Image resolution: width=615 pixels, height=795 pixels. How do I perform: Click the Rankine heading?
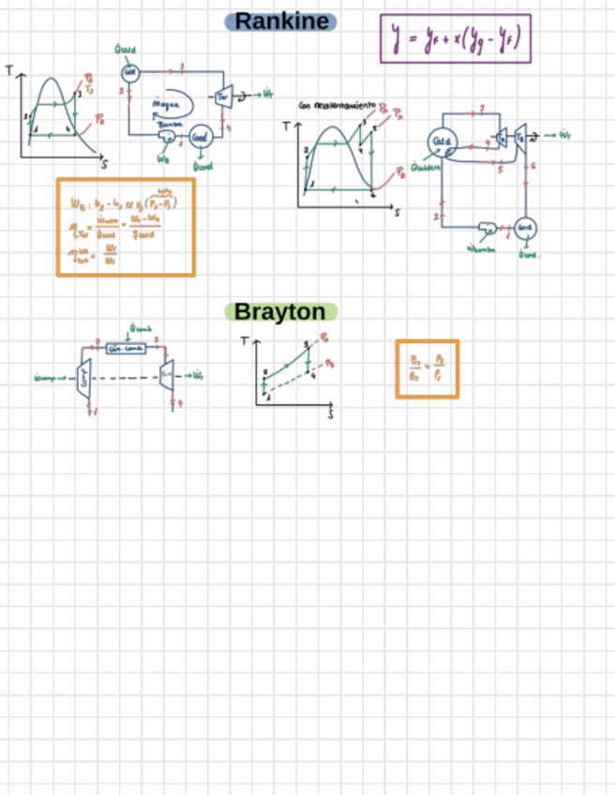281,21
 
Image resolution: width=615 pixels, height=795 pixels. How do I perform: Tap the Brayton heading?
280,311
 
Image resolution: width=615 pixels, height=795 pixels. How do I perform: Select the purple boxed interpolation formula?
455,38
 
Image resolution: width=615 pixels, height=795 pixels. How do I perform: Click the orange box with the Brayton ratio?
427,368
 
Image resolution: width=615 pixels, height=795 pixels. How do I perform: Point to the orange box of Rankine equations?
125,227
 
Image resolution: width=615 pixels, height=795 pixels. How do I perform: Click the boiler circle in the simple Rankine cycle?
130,73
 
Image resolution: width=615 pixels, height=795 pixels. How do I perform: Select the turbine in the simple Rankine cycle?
223,96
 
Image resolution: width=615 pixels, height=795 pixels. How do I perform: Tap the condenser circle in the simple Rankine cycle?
200,137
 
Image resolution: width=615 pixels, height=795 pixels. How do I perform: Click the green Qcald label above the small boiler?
127,52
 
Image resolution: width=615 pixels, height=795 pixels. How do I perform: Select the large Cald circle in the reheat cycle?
441,140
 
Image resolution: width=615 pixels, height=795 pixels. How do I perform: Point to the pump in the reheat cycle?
487,228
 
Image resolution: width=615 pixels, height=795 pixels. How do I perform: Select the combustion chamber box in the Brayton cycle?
125,349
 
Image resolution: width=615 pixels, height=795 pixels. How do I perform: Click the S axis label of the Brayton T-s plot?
331,413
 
